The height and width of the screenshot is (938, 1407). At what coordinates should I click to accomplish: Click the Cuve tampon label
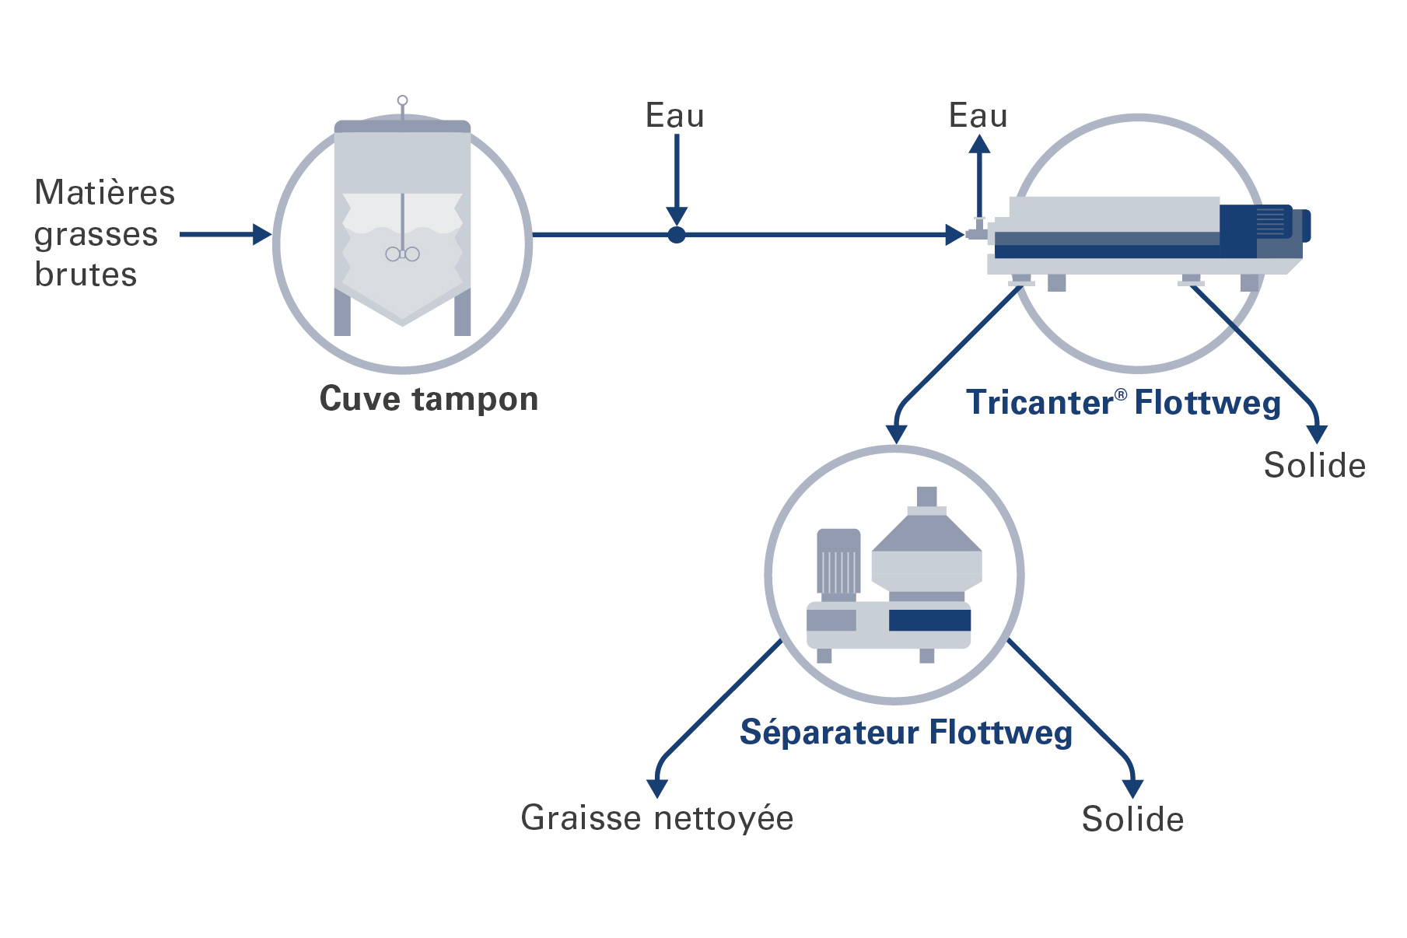[429, 399]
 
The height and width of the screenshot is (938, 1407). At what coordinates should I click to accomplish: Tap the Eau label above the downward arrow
[674, 116]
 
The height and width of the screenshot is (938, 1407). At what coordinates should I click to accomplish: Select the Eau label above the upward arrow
[978, 116]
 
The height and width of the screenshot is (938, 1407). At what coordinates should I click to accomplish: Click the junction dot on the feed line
[677, 234]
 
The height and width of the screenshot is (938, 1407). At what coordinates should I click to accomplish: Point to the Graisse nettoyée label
[656, 818]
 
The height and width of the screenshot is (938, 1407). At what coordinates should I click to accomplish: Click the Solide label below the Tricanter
[1314, 465]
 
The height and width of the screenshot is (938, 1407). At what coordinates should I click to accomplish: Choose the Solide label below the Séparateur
[1132, 819]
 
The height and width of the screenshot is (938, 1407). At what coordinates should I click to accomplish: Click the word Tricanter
[1040, 403]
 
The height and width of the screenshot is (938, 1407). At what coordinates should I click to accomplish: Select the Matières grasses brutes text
[104, 233]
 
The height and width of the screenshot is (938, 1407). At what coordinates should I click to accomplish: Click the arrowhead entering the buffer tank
[262, 234]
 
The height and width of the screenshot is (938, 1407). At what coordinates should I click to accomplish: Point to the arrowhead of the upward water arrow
[979, 145]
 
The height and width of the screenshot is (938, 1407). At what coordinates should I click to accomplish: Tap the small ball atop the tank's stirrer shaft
[402, 100]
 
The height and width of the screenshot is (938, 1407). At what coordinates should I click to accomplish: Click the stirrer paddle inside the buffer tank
[402, 254]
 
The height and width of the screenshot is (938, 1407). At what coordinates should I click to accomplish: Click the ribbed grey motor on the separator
[838, 562]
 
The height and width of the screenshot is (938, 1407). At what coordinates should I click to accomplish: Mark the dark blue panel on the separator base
[929, 620]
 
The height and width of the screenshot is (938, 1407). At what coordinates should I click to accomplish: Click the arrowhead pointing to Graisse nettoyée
[657, 788]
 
